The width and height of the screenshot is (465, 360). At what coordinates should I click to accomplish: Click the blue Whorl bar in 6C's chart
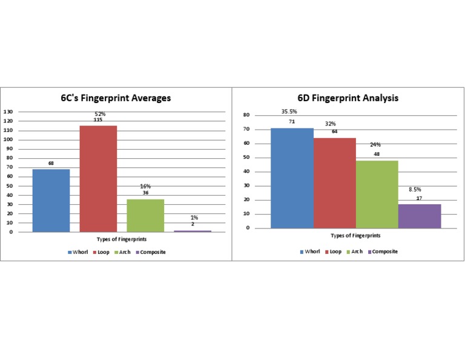point(51,200)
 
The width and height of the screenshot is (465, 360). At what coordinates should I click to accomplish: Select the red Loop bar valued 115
point(98,178)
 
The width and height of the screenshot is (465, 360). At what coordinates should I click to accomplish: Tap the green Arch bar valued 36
point(145,215)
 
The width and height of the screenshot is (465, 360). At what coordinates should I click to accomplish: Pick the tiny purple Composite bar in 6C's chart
point(193,230)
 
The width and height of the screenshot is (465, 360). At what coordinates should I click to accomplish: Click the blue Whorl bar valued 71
point(292,178)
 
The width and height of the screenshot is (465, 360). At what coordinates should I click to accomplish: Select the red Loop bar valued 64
point(334,183)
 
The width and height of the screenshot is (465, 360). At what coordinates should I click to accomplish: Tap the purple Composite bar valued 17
point(419,216)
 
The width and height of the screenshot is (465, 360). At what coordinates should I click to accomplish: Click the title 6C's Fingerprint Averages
point(115,98)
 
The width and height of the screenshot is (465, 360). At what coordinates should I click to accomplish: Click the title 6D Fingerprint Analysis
point(348,98)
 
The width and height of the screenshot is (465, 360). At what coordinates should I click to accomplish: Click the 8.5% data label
point(415,190)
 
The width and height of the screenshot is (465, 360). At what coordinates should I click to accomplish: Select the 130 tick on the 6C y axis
point(8,112)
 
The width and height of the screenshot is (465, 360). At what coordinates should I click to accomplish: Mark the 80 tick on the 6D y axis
point(246,115)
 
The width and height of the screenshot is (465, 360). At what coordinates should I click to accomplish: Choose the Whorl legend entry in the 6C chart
point(80,252)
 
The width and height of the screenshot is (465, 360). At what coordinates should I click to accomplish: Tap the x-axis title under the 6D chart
point(355,236)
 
